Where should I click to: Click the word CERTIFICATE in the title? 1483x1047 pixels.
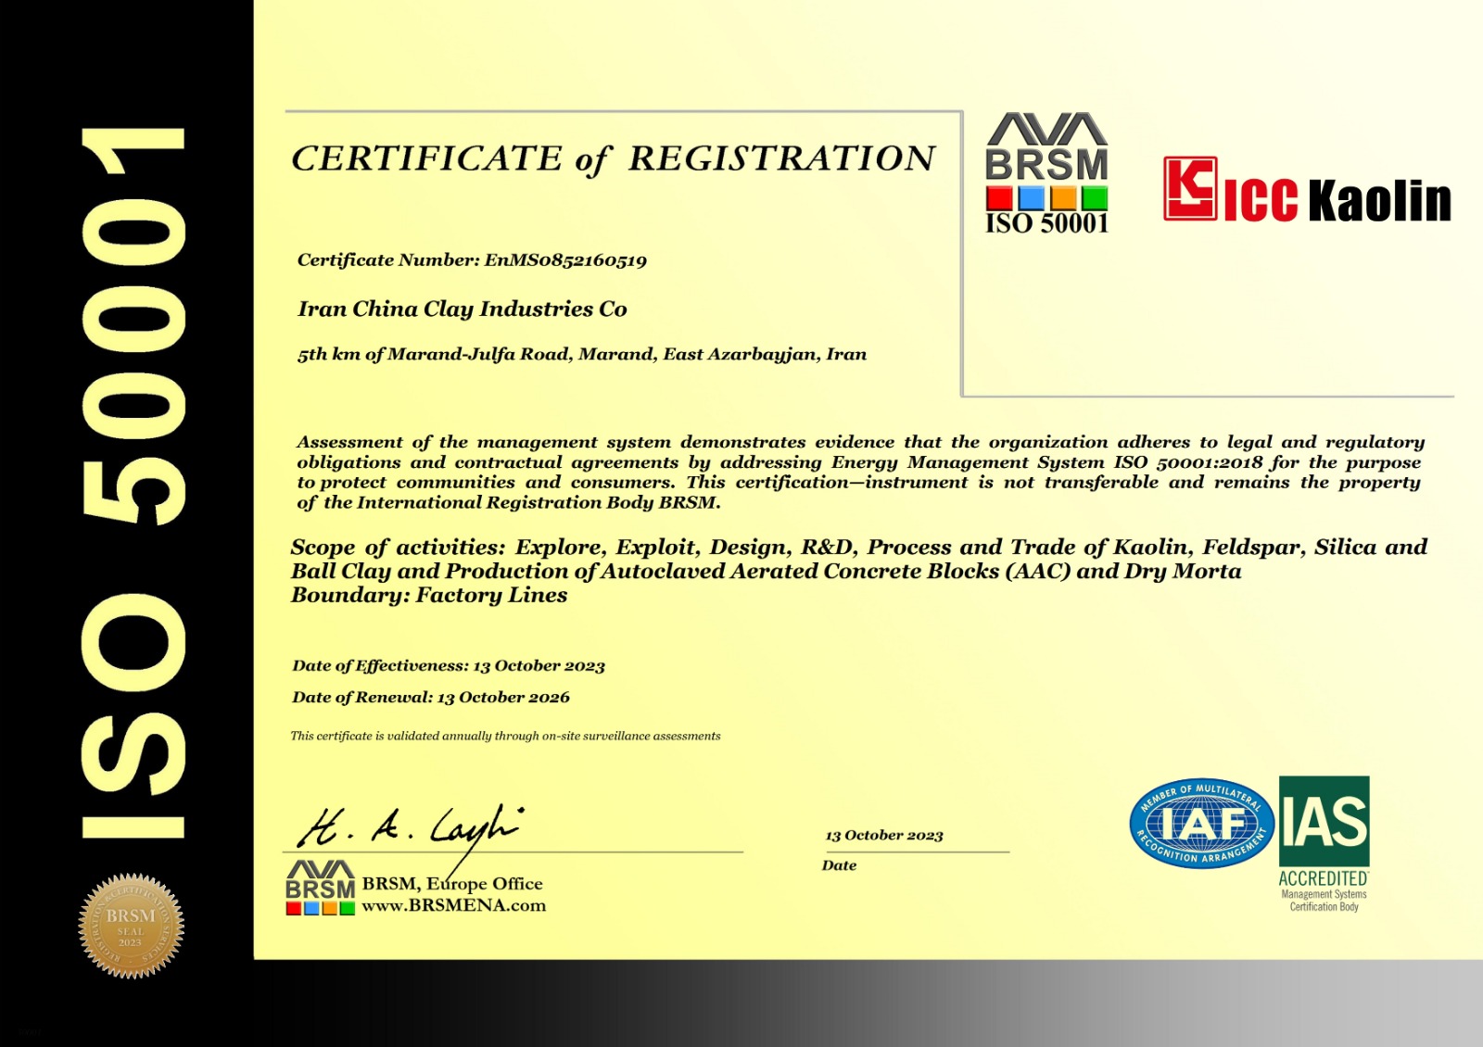pos(426,158)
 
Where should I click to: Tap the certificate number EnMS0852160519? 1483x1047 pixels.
pos(564,260)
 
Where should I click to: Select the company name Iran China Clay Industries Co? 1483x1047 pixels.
pos(462,309)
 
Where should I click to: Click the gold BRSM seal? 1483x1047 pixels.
pos(131,926)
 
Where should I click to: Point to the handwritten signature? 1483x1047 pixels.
pos(409,826)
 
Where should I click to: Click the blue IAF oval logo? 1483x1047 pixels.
pos(1201,824)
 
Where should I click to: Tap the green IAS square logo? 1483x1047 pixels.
pos(1324,821)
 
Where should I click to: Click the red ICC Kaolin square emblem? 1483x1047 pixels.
pos(1190,188)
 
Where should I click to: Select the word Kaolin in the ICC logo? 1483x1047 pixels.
pos(1379,201)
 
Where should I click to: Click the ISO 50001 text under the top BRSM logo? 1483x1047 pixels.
pos(1046,224)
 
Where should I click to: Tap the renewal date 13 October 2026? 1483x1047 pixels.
pos(503,698)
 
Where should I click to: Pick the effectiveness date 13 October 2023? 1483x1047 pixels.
pos(539,666)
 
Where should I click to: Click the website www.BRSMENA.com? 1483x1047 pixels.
pos(453,906)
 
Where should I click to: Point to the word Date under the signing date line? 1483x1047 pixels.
pos(839,865)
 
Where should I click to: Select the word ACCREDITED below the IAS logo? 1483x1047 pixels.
pos(1323,878)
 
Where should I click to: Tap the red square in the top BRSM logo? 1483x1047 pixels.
pos(999,197)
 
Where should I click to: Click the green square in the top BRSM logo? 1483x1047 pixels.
pos(1095,197)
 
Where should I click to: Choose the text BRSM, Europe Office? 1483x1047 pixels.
pos(452,884)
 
